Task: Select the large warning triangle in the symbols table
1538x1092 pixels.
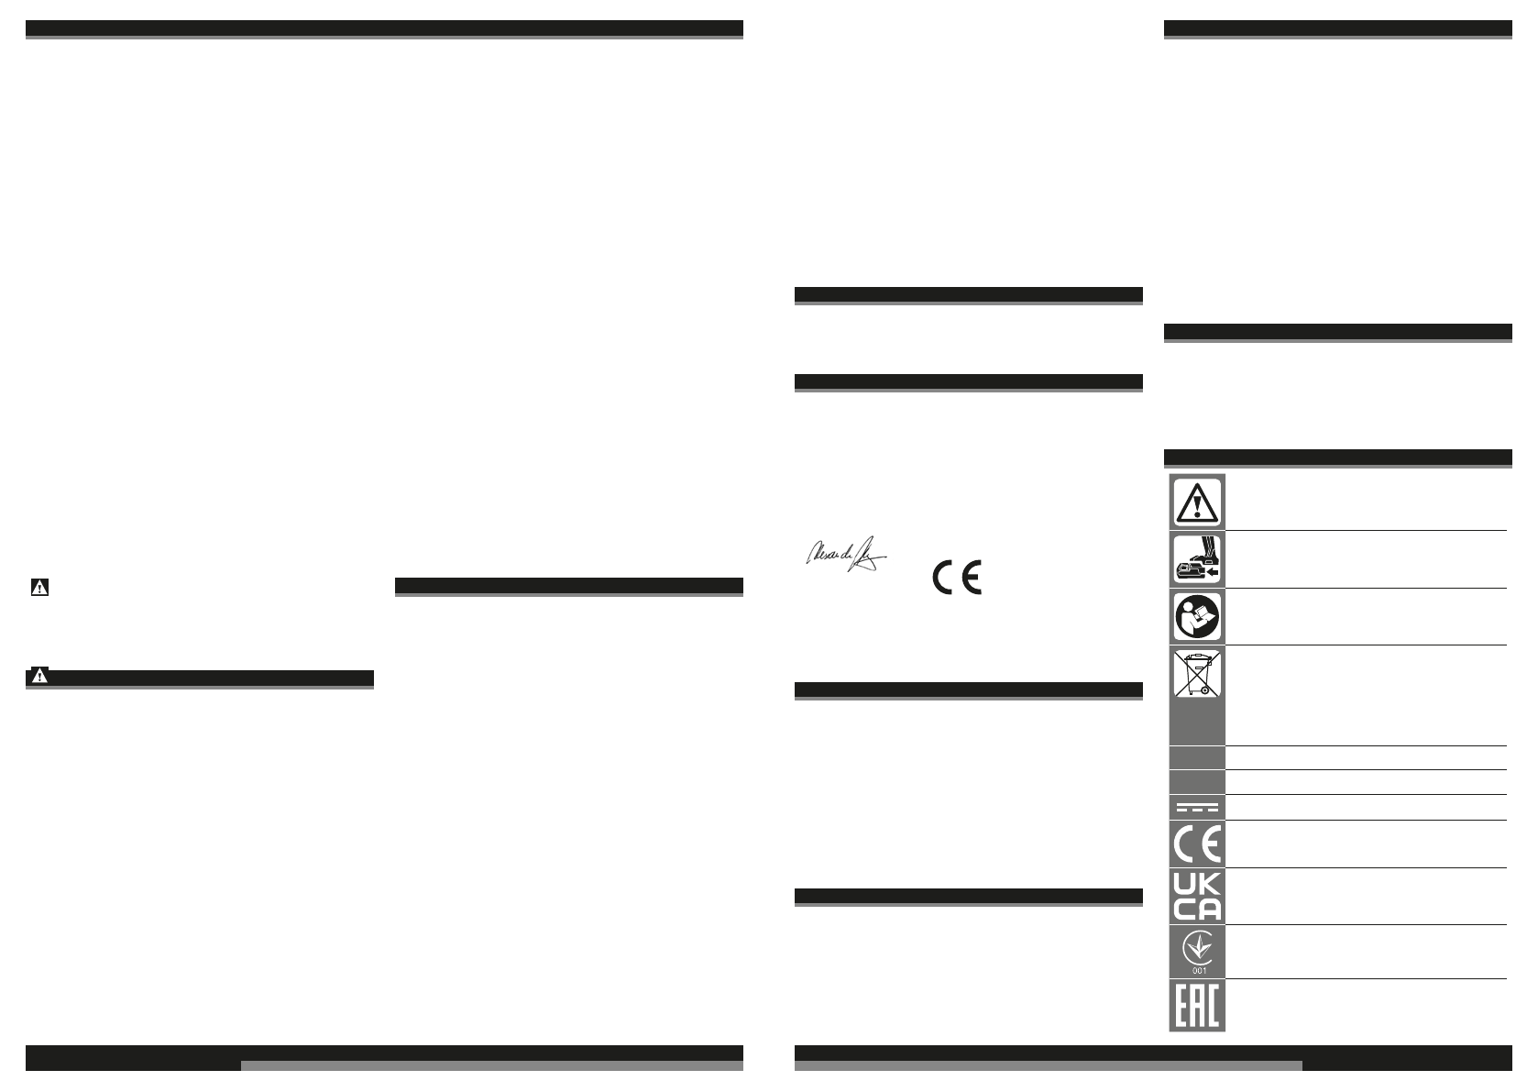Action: [1197, 501]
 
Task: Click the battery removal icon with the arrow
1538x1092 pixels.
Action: [1197, 559]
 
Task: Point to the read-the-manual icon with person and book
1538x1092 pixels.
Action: [1197, 617]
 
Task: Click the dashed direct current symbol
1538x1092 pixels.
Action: [1197, 808]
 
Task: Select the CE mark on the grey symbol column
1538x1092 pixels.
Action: [1197, 844]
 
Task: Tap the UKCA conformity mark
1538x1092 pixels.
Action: [1197, 896]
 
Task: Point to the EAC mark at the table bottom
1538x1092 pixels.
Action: [1197, 1006]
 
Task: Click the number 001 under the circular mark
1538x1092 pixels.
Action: [1197, 970]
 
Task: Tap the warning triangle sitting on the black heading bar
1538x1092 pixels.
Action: [38, 678]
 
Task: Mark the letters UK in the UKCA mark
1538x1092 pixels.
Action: [1197, 884]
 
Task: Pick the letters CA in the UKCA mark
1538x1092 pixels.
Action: [1197, 909]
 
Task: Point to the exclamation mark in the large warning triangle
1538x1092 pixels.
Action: [1197, 503]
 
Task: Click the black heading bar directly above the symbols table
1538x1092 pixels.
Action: [1337, 457]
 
